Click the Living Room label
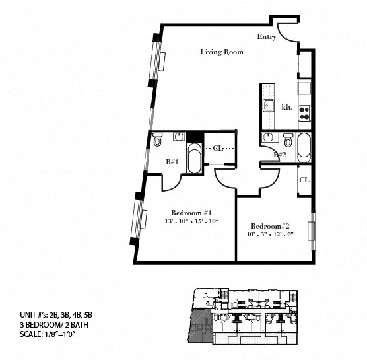[x=222, y=52]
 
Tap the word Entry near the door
[x=267, y=36]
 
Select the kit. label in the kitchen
[x=287, y=108]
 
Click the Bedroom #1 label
[x=191, y=213]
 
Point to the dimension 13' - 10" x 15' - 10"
[x=191, y=221]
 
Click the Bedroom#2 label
[x=270, y=226]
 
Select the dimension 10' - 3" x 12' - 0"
[x=270, y=234]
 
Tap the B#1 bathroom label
[x=172, y=162]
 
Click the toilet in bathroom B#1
[x=157, y=139]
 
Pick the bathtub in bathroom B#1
[x=195, y=159]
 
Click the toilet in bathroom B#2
[x=288, y=140]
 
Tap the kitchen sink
[x=268, y=106]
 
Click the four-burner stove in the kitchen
[x=304, y=113]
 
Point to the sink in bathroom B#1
[x=180, y=136]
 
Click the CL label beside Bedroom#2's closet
[x=304, y=180]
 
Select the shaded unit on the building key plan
[x=201, y=326]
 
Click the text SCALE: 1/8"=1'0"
[x=48, y=334]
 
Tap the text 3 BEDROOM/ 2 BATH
[x=54, y=325]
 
